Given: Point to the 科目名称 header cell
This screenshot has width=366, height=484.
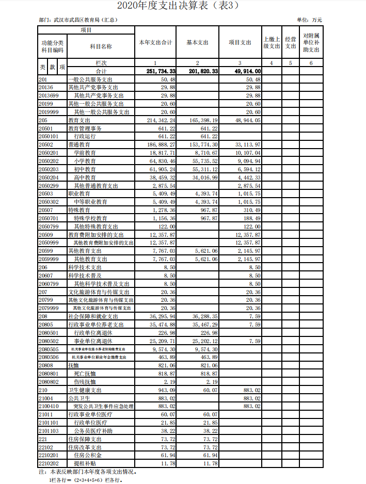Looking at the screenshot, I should coord(101,46).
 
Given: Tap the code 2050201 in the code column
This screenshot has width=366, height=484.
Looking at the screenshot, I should coord(49,153).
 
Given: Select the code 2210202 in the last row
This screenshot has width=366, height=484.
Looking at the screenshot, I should coord(49,463).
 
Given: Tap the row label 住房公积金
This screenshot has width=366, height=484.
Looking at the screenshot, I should coord(88,456).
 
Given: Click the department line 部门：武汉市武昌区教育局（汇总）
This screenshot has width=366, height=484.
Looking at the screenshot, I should coord(78,20).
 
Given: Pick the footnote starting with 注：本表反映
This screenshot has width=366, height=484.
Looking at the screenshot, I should coord(87,472).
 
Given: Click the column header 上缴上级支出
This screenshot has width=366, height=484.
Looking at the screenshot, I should coord(272,42).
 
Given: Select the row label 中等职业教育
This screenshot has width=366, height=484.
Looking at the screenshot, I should coord(90,202).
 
